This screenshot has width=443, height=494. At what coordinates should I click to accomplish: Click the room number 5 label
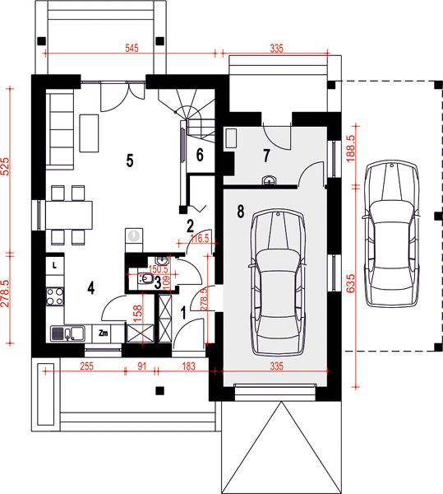click(130, 161)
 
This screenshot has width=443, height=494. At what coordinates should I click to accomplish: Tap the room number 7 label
click(266, 156)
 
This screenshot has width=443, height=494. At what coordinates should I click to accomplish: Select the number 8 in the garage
click(241, 212)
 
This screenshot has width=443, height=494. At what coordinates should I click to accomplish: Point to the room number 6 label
click(200, 155)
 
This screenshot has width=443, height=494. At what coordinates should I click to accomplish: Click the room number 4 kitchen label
click(91, 287)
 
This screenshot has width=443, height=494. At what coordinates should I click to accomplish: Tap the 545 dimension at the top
click(132, 49)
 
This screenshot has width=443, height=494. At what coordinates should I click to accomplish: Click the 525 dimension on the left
click(6, 166)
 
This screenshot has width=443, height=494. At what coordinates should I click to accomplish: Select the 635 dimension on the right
click(350, 283)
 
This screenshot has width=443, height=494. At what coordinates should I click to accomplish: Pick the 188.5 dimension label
click(350, 148)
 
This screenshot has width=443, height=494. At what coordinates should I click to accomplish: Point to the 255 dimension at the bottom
click(87, 366)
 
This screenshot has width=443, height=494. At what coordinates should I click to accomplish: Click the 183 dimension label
click(188, 366)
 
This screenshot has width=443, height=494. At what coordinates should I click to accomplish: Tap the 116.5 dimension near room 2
click(200, 239)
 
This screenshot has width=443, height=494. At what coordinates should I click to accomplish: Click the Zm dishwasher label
click(104, 333)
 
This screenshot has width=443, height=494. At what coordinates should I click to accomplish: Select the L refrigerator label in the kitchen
click(54, 266)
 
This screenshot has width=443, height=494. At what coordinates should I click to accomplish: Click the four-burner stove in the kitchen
click(55, 296)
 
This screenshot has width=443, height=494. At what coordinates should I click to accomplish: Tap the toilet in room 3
click(146, 278)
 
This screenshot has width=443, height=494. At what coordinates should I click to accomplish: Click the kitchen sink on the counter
click(67, 334)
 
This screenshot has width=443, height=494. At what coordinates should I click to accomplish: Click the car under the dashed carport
click(391, 234)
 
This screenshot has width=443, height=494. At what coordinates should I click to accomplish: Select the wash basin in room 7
click(270, 180)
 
